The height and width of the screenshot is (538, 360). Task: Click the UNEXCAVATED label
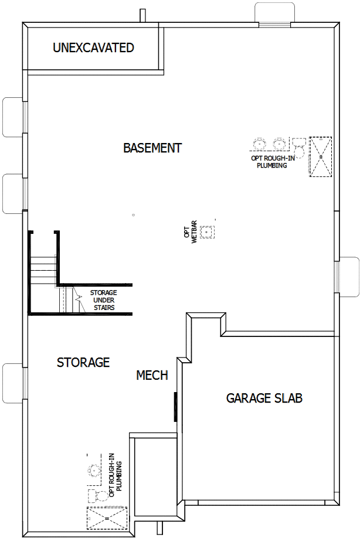point(93,47)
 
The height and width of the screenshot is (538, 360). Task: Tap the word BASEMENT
point(152,148)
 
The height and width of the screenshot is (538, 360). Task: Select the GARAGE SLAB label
point(264,399)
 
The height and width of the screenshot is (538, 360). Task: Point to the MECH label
point(152,375)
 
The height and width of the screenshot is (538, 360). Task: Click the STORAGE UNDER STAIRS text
point(103,300)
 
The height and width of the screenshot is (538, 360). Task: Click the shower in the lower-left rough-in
point(107,518)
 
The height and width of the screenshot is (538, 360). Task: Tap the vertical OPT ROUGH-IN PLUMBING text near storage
point(116,473)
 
